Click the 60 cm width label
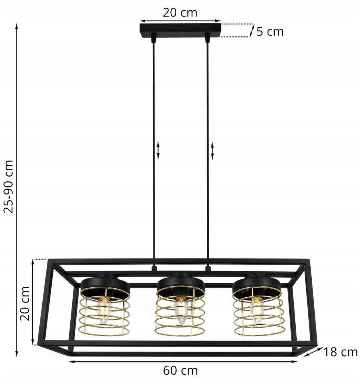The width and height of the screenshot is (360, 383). (180, 371)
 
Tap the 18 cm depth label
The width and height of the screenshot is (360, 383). (341, 352)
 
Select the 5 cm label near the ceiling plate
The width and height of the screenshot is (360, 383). (270, 31)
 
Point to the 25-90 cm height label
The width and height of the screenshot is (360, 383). (9, 186)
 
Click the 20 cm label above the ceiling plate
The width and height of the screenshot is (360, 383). (180, 12)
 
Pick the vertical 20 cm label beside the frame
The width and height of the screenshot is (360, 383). (25, 303)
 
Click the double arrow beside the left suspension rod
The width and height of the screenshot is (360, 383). (158, 150)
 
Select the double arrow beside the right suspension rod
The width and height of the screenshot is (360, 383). (213, 150)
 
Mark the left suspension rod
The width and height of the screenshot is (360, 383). (153, 150)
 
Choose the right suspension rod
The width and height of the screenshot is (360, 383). (207, 150)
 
